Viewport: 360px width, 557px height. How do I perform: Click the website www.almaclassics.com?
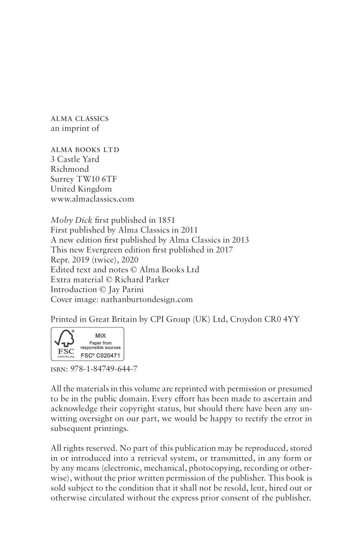[x=92, y=199]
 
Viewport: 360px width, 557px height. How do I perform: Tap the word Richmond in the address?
[x=70, y=169]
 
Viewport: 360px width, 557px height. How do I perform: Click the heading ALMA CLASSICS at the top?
[x=79, y=119]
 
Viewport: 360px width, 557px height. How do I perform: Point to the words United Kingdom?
[x=81, y=189]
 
